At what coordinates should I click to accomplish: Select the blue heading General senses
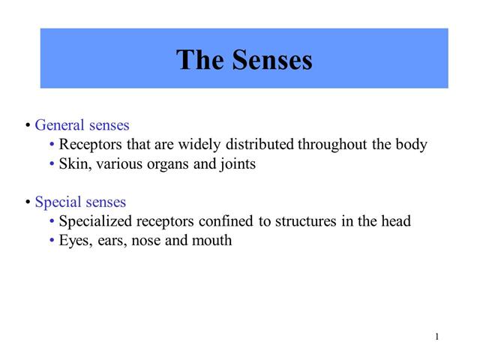tap(82, 125)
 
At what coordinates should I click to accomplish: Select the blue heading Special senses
tap(80, 202)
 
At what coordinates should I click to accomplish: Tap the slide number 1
tap(436, 336)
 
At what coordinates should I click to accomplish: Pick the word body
tap(412, 145)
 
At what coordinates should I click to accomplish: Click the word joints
tap(237, 164)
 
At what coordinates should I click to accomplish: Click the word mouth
tap(213, 241)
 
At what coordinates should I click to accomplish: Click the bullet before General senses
tap(28, 125)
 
